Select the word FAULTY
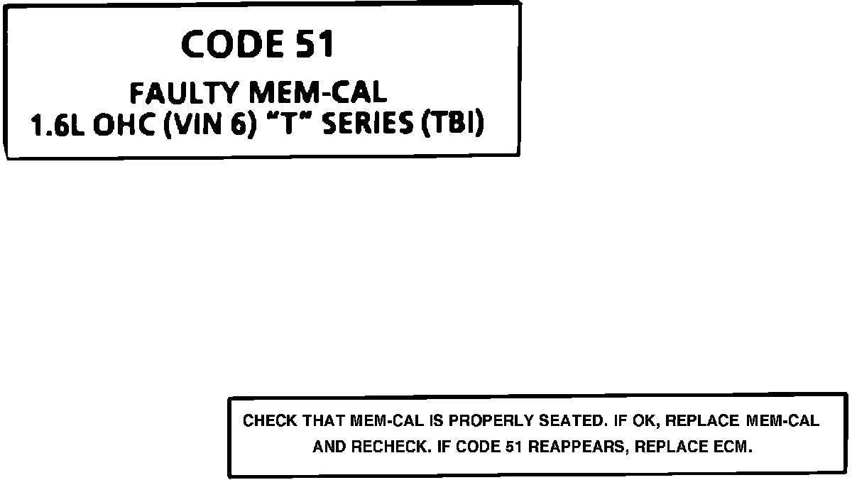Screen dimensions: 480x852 (x=185, y=93)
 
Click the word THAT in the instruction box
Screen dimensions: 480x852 (x=324, y=421)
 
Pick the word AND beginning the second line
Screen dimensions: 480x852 (x=327, y=448)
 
